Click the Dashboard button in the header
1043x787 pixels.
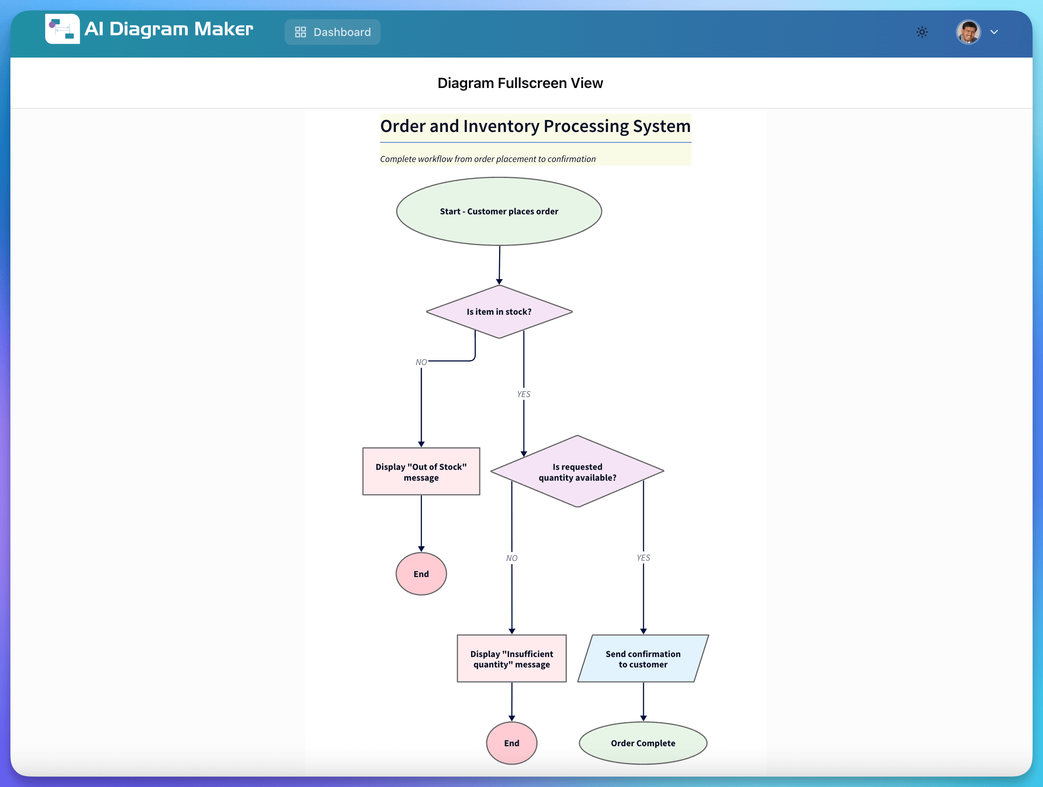[333, 32]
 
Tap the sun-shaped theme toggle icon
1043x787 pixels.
[922, 32]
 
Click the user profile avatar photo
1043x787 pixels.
[968, 32]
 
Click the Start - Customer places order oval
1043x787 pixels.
[499, 211]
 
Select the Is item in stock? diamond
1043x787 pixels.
[499, 312]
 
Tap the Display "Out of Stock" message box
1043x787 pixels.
[421, 472]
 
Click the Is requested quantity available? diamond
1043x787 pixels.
[577, 472]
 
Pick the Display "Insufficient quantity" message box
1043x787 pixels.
[511, 659]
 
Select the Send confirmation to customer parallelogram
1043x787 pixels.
[643, 659]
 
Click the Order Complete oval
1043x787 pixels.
[643, 743]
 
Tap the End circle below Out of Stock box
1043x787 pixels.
[421, 574]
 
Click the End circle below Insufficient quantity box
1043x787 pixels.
[511, 743]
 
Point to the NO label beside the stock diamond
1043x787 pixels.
[421, 362]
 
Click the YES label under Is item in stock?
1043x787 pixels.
[524, 394]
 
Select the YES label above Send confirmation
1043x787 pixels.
[643, 557]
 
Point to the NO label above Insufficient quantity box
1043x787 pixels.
[511, 558]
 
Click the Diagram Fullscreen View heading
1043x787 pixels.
[520, 83]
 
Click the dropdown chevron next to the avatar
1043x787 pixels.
[994, 32]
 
